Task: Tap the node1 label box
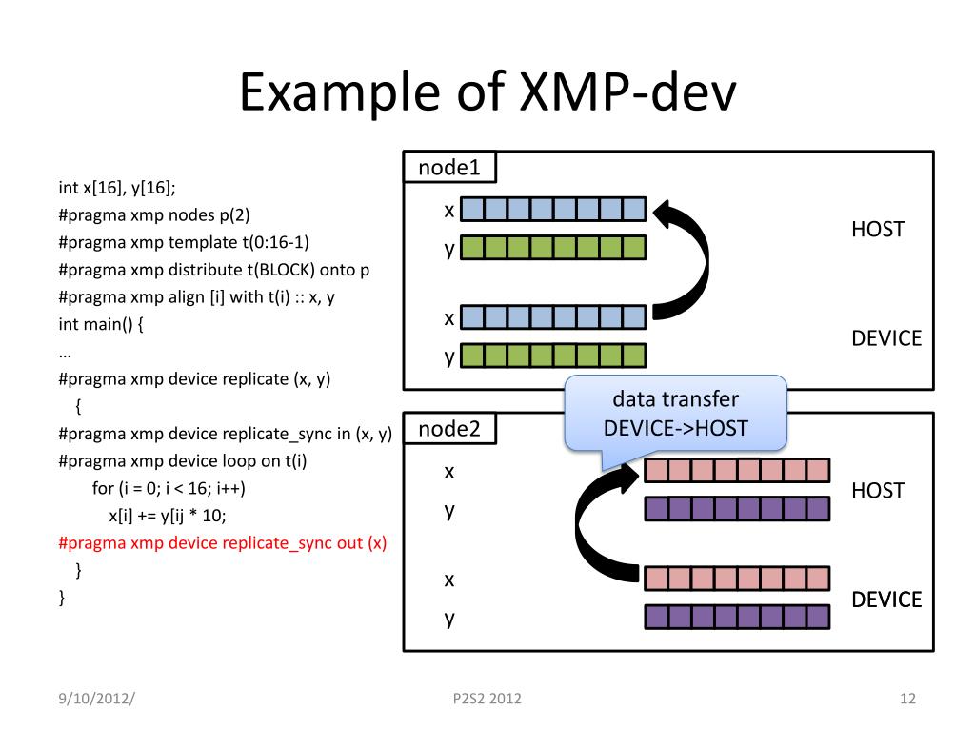point(449,168)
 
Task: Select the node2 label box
point(449,429)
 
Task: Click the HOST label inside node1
point(877,230)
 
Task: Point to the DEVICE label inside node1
point(886,338)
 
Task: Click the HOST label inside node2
point(877,491)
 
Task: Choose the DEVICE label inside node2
point(886,600)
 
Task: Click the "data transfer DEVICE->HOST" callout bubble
point(675,414)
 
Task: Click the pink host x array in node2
point(737,471)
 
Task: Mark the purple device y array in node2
point(737,618)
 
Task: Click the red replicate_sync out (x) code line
point(223,543)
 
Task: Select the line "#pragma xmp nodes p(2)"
point(153,214)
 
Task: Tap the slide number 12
point(906,700)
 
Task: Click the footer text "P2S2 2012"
point(487,700)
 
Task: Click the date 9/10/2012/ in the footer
point(96,700)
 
